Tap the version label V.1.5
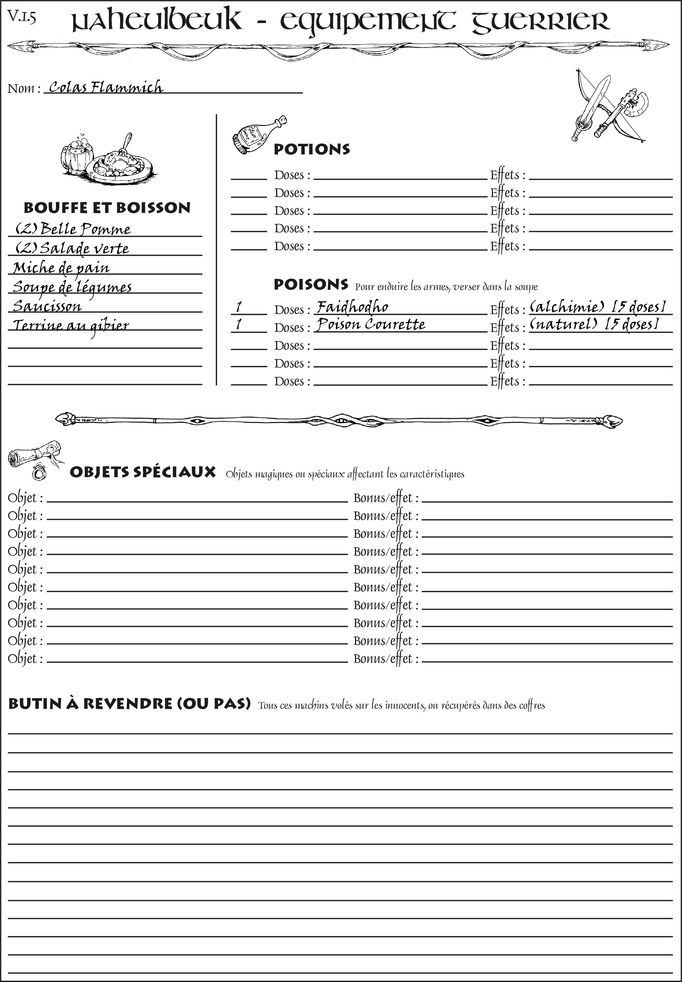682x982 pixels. coord(21,17)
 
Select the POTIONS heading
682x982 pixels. coord(311,149)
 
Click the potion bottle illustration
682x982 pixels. coord(258,134)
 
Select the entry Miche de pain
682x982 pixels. coord(61,268)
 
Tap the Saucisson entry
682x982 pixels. coord(47,306)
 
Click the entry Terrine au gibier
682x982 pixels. coord(71,326)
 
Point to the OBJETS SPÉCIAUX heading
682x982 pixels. coord(142,472)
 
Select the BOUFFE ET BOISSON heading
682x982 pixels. coord(107,208)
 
